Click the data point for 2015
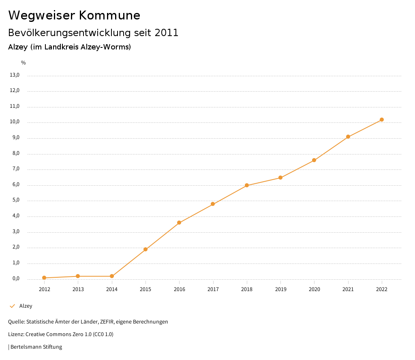click(145, 249)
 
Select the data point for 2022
click(382, 120)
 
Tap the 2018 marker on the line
click(247, 185)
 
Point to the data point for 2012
click(44, 278)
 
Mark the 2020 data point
click(314, 161)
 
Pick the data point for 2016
click(179, 223)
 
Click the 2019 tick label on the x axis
click(280, 289)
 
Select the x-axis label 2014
click(112, 289)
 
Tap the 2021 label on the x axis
click(348, 289)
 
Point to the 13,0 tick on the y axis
click(15, 75)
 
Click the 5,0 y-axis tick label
click(16, 200)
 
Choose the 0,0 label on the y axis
click(16, 279)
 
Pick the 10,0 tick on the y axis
click(15, 122)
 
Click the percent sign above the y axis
click(24, 63)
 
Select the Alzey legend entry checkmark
click(12, 306)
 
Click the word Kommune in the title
click(109, 15)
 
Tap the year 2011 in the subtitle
click(167, 33)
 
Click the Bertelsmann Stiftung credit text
click(36, 347)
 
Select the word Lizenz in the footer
click(15, 334)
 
